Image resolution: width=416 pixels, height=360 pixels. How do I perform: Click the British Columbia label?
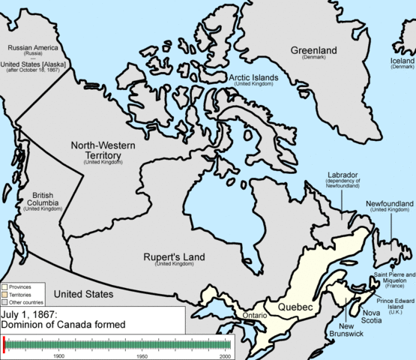tap(43, 197)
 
